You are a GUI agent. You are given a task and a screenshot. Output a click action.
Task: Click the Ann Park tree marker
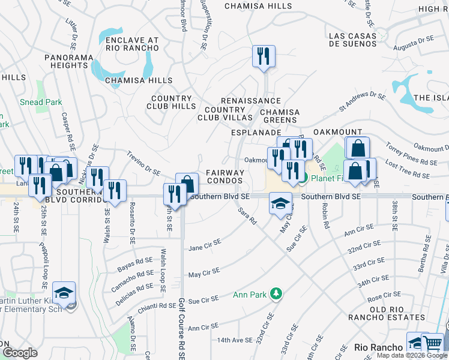pos(276,294)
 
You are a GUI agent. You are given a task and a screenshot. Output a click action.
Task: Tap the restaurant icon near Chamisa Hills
pos(264,57)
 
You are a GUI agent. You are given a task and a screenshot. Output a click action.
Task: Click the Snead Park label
pos(40,102)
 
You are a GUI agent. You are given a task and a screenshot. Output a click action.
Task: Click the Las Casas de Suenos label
pos(353,40)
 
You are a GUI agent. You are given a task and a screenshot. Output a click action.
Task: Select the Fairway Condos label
pos(225,176)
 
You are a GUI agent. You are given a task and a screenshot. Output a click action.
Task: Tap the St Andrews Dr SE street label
pos(362,102)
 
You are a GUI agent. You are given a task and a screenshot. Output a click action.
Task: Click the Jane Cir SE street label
pos(205,245)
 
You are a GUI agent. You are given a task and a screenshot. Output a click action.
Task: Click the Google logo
pos(20,353)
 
